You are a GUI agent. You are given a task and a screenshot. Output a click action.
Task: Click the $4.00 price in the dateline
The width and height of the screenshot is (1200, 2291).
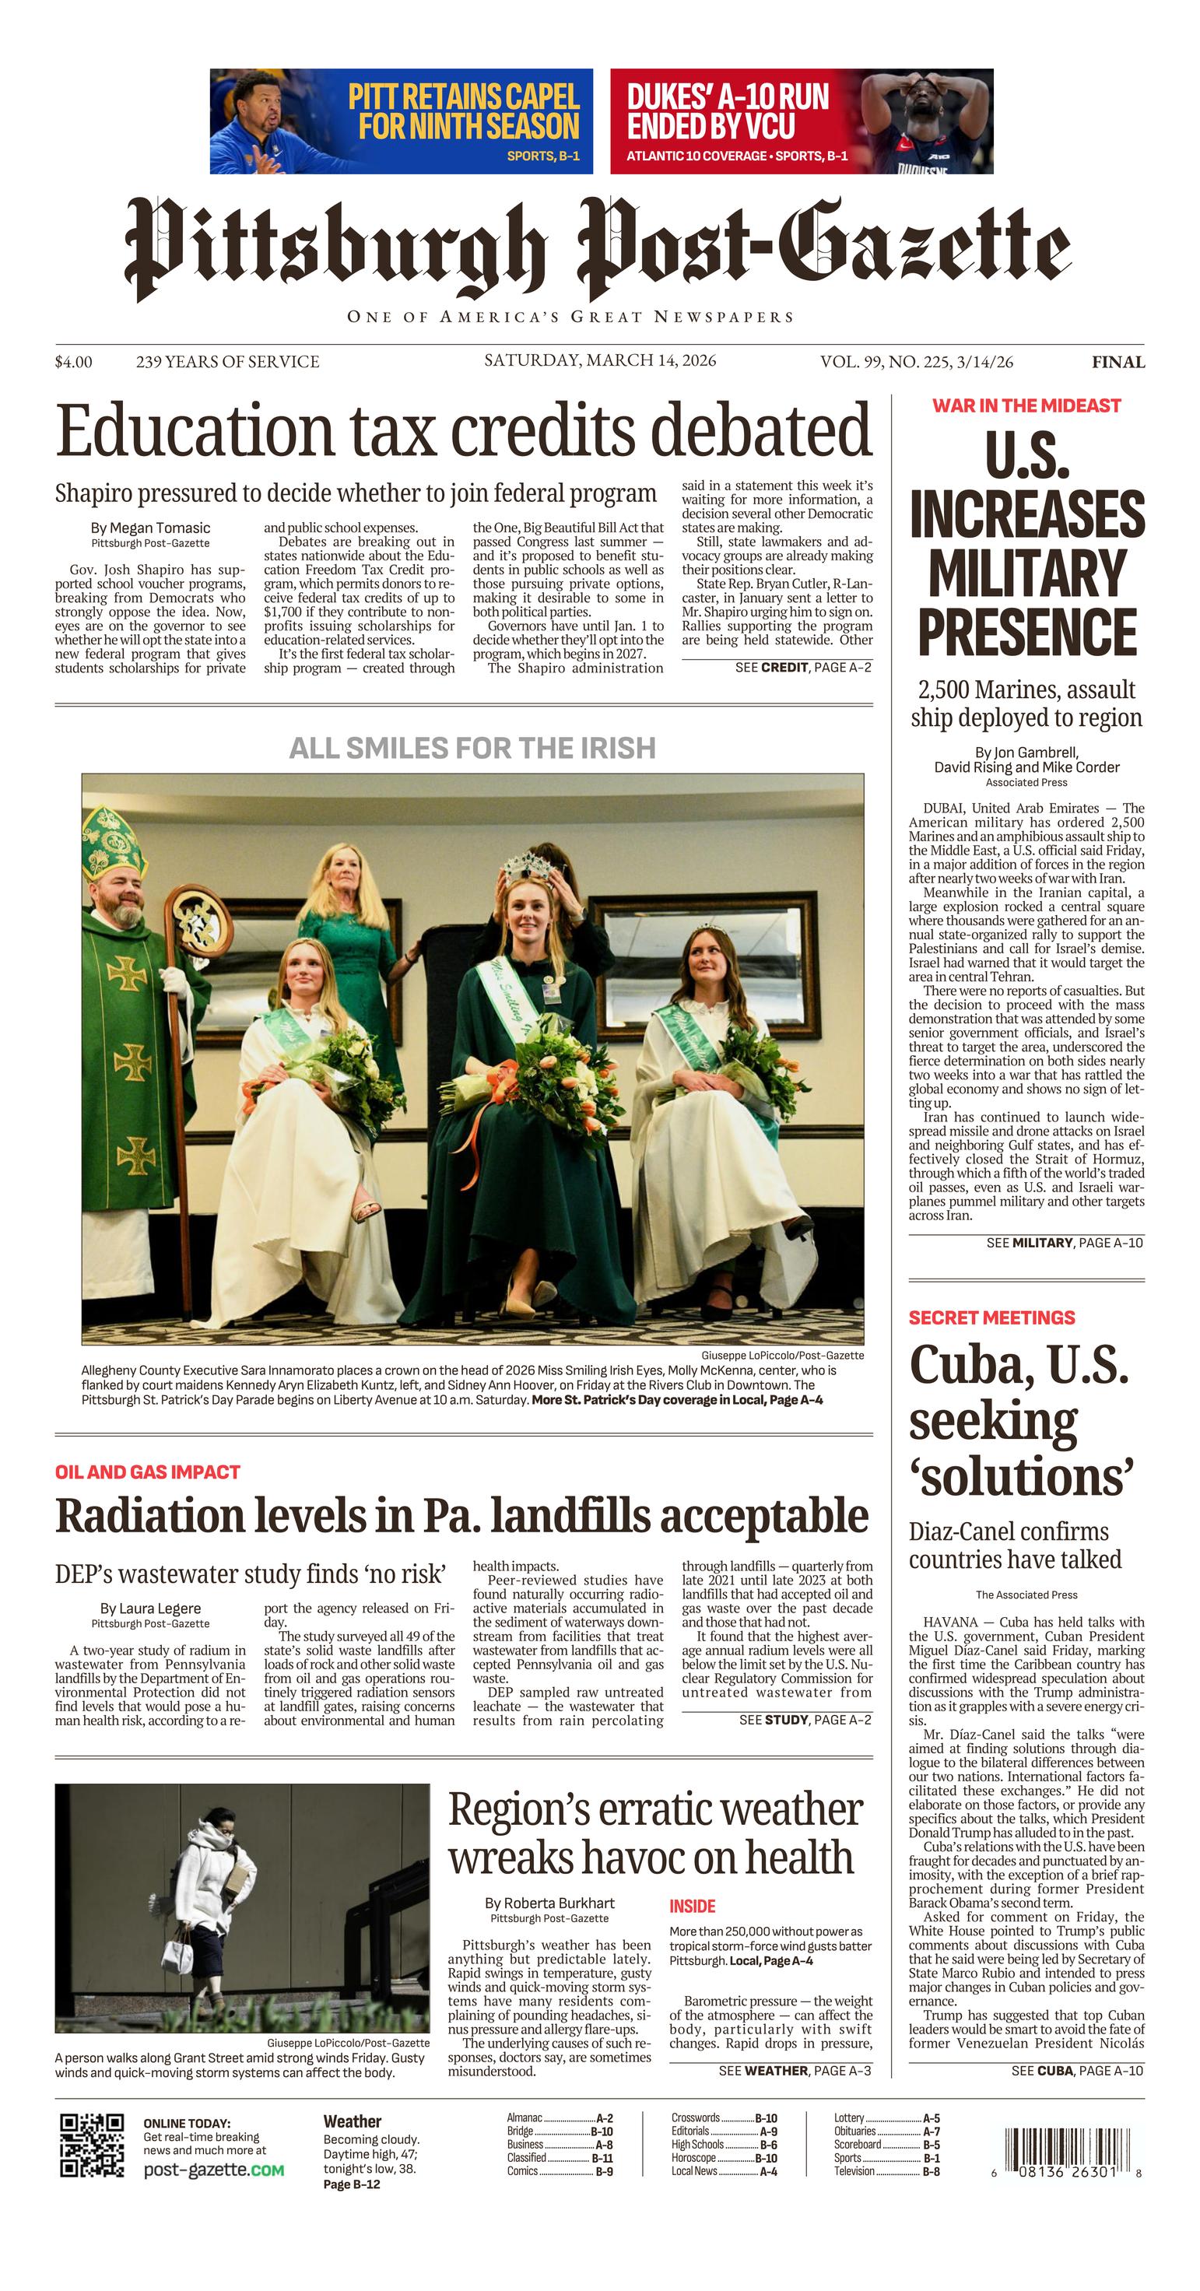point(73,362)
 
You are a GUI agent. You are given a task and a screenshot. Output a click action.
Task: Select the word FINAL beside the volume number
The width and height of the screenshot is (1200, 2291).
point(1118,362)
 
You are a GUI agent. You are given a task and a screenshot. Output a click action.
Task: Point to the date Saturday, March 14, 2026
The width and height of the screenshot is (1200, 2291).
point(599,360)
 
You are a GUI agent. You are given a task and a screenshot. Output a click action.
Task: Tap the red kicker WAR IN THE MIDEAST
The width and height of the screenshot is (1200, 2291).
point(1026,405)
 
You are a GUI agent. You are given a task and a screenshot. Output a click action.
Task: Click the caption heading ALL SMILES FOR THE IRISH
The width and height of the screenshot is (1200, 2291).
point(472,748)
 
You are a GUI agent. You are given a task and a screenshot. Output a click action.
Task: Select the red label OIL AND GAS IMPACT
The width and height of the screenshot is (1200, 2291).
point(148,1472)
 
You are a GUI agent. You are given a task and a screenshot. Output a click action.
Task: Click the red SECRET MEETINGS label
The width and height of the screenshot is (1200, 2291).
point(991,1317)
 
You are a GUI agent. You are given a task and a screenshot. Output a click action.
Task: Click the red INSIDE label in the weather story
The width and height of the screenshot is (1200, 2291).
point(692,1906)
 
